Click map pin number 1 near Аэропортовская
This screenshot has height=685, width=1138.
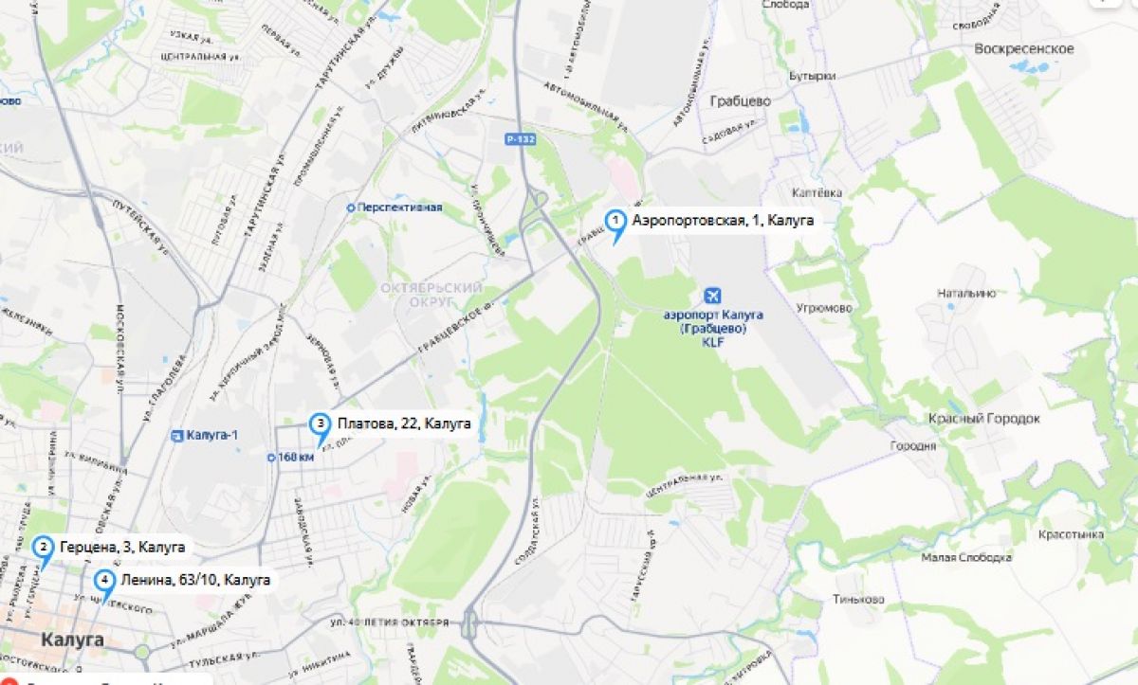click(x=615, y=223)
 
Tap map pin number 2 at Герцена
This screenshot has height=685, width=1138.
click(x=43, y=548)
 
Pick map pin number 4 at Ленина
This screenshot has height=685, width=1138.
click(x=104, y=581)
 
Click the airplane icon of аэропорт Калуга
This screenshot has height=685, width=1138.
click(x=712, y=297)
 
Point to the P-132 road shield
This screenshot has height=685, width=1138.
click(x=519, y=139)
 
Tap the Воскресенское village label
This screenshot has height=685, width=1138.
click(x=1023, y=48)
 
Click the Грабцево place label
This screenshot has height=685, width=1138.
click(x=740, y=100)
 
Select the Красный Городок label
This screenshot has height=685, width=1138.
click(x=983, y=419)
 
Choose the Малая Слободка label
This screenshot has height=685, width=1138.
click(x=966, y=557)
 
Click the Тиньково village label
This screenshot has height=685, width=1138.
click(x=858, y=599)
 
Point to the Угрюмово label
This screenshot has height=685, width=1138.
click(x=824, y=308)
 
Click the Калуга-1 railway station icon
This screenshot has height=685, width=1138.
click(x=177, y=436)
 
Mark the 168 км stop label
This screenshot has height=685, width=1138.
click(x=295, y=457)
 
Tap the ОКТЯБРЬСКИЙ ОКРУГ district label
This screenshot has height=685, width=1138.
click(x=431, y=295)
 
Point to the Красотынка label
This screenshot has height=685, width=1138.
click(x=1072, y=534)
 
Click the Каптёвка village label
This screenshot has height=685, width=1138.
click(x=817, y=192)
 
